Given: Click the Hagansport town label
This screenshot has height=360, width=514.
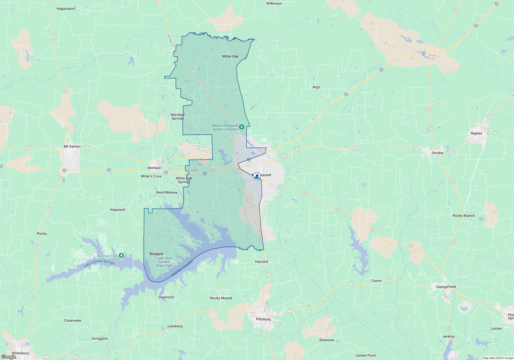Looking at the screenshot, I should click(66, 8).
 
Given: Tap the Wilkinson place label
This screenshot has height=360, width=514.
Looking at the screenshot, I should click(274, 3).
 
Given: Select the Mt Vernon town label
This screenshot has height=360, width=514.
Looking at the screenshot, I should click(72, 146).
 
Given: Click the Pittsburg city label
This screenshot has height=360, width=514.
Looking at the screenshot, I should click(263, 319).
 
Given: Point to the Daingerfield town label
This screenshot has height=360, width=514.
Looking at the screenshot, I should click(446, 287).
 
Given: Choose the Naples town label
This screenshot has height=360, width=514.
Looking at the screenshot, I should click(476, 133).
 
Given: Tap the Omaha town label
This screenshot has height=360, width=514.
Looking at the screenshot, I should click(437, 153).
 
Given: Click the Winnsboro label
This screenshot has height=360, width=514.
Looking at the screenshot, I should click(20, 353).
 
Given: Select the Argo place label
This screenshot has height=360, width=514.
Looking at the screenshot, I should click(316, 87).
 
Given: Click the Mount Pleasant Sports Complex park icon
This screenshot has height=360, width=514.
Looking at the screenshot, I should click(242, 127).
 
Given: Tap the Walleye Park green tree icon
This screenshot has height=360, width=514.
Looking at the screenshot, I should click(121, 256).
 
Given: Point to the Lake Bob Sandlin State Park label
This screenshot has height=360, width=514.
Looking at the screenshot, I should click(164, 262).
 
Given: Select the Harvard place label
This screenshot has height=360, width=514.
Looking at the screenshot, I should click(261, 262).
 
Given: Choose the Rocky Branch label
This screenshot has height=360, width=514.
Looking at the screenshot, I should click(464, 215).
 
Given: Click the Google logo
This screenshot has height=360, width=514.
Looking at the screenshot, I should click(8, 357).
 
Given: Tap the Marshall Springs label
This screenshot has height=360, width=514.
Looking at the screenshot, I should click(178, 116).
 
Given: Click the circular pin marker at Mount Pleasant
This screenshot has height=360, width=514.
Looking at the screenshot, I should click(257, 176).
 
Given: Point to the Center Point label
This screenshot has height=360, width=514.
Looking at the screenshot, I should click(365, 355).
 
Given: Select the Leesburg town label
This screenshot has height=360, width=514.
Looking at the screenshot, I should click(175, 326).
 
